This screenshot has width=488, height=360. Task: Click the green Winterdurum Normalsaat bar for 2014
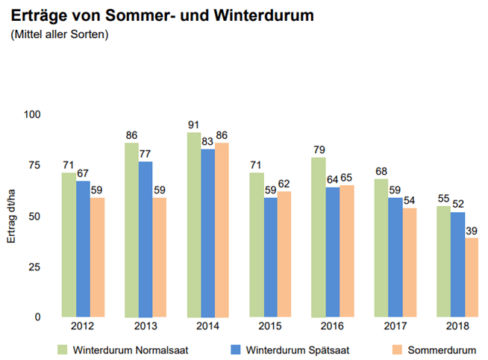click(194, 224)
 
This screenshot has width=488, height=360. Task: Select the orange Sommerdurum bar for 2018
click(472, 277)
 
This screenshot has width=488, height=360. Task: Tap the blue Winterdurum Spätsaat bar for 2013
click(146, 239)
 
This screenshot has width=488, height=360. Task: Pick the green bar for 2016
click(319, 237)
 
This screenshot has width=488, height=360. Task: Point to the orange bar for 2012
click(96, 257)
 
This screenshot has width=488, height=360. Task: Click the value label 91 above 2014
click(194, 125)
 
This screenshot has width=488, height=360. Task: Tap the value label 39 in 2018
click(472, 231)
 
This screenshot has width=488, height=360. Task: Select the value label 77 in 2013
click(146, 154)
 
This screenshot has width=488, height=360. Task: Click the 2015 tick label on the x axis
click(269, 327)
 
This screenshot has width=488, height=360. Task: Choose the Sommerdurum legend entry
click(439, 349)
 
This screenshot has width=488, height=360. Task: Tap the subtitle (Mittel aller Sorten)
click(60, 34)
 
